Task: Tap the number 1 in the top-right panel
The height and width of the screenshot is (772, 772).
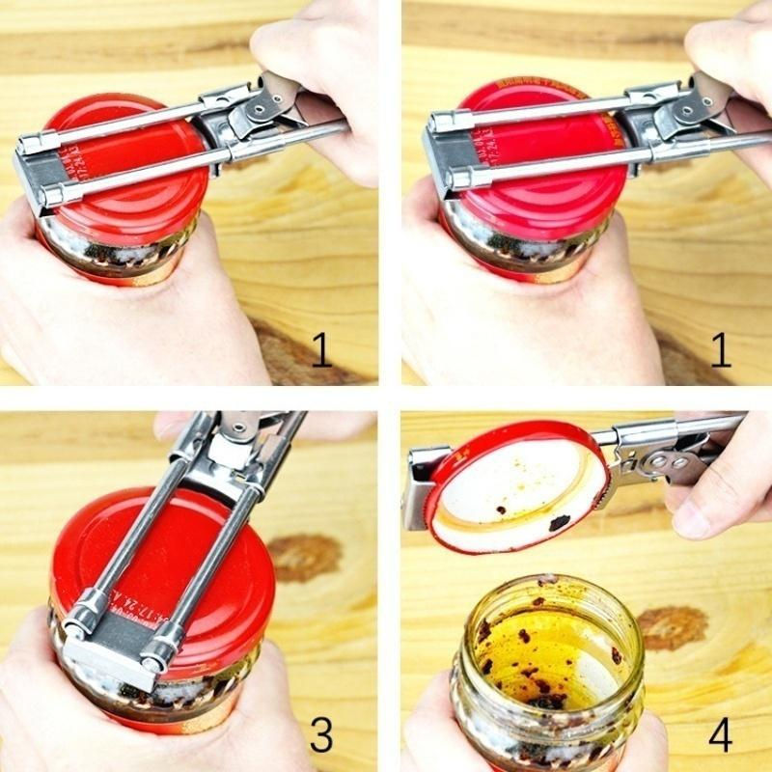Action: [720, 350]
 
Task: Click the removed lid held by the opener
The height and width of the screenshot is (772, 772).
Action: [516, 487]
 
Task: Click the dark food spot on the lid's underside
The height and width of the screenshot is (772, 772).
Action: [559, 522]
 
